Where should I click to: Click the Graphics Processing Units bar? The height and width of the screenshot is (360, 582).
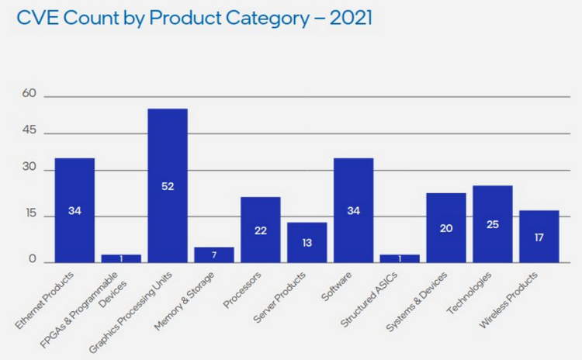168,185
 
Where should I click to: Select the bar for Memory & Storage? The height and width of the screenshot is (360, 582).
214,254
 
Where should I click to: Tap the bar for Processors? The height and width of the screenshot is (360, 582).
261,230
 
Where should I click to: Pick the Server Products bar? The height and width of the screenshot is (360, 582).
307,242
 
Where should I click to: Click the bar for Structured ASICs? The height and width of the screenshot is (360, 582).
400,258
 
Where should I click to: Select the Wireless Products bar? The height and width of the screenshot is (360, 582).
539,236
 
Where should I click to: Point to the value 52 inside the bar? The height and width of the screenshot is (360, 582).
168,186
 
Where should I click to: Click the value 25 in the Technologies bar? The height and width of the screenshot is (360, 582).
493,225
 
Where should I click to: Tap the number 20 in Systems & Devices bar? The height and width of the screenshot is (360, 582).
446,229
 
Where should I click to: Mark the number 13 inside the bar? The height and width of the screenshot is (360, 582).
307,242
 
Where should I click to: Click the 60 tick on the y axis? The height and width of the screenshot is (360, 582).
29,94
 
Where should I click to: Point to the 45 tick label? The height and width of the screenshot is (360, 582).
29,131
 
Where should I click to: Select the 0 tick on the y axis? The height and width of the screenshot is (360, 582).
33,260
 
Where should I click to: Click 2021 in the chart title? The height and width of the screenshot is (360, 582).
351,18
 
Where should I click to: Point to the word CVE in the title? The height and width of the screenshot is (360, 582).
35,18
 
